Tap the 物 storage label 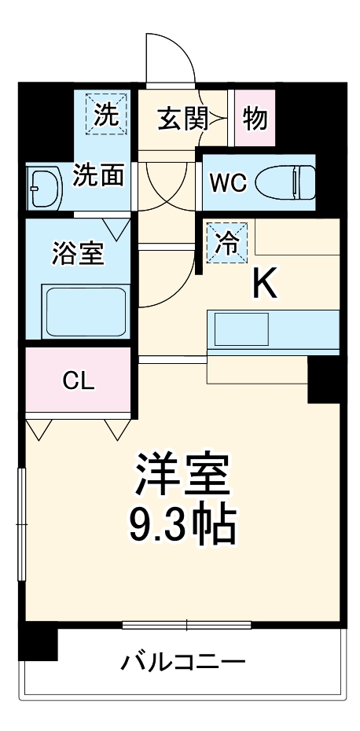coord(255,119)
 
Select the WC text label coord(227,183)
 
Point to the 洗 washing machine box coord(106,115)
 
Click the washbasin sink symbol coord(44,189)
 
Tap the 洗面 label coord(98,175)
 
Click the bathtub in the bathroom coord(85,311)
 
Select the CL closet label coord(79,382)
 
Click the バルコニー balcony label coord(182,660)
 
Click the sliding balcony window coord(186,625)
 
